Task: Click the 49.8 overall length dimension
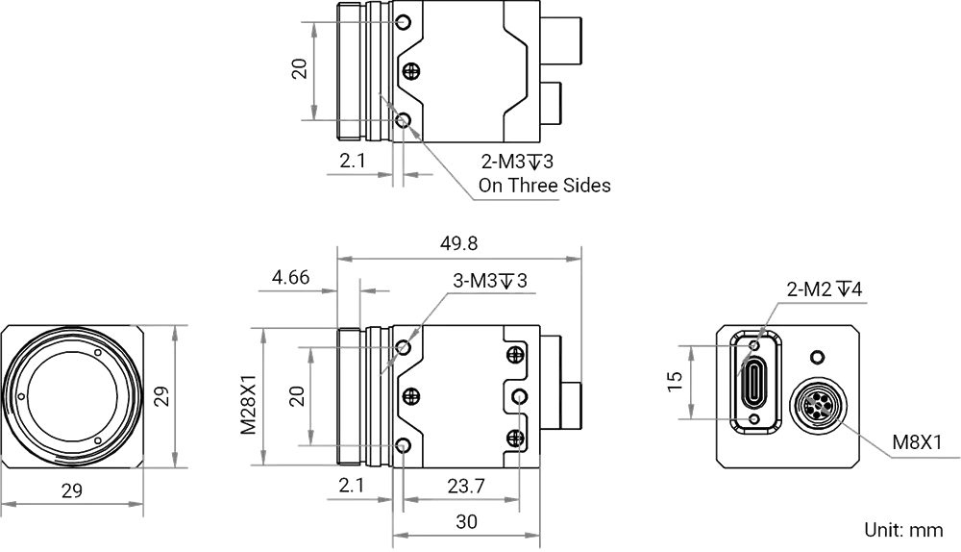tap(458, 243)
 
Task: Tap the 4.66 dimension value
tap(290, 277)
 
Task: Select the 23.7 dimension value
tap(466, 486)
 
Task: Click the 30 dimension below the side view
tap(466, 521)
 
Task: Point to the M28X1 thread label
tap(248, 396)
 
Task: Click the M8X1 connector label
tap(917, 441)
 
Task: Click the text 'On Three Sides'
tap(544, 186)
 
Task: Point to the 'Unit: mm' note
tap(903, 529)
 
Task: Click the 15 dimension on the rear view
tap(675, 382)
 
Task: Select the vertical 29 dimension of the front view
tap(161, 395)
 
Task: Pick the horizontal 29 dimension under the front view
tap(72, 490)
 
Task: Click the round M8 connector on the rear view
tap(817, 405)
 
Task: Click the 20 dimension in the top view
tap(299, 68)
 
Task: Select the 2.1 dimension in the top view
tap(353, 161)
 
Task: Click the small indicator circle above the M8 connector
tap(817, 357)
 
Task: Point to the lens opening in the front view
tap(72, 397)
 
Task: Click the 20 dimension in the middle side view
tap(297, 395)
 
